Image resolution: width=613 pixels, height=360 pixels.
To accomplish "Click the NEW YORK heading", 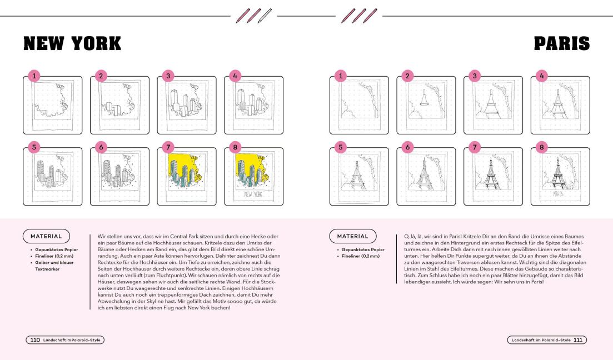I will pyautogui.click(x=72, y=43).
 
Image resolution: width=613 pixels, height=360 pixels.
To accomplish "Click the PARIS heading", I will pyautogui.click(x=561, y=43).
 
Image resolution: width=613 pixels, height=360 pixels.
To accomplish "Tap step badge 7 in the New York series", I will pyautogui.click(x=168, y=147).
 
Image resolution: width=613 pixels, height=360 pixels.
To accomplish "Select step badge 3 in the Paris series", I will pyautogui.click(x=475, y=76).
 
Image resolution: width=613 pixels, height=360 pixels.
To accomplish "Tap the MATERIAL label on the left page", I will pyautogui.click(x=46, y=236).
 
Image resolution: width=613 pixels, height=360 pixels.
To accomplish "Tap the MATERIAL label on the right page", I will pyautogui.click(x=353, y=236).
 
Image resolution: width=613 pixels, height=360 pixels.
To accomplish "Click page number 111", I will pyautogui.click(x=578, y=340).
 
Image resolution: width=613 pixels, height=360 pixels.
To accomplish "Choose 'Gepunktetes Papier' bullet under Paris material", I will pyautogui.click(x=363, y=249).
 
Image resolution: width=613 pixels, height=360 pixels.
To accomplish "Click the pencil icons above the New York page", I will pyautogui.click(x=253, y=15).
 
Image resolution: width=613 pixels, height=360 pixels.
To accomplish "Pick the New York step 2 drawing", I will pyautogui.click(x=119, y=106).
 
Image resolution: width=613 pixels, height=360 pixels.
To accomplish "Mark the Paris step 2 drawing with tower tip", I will pyautogui.click(x=426, y=106).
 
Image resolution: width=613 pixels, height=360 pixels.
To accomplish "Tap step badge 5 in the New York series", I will pyautogui.click(x=34, y=147).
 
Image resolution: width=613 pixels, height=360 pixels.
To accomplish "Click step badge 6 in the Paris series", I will pyautogui.click(x=408, y=147).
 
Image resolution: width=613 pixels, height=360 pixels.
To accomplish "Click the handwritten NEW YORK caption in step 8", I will pyautogui.click(x=253, y=195).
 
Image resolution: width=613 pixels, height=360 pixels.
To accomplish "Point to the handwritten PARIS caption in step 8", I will pyautogui.click(x=559, y=195).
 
